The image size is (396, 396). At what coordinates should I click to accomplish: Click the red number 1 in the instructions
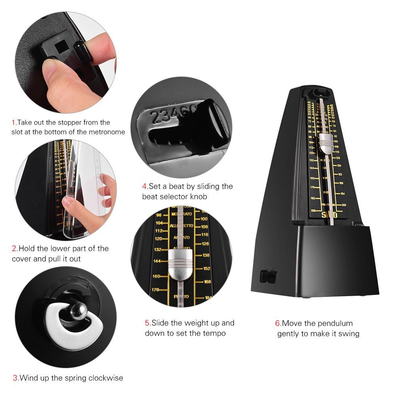13,123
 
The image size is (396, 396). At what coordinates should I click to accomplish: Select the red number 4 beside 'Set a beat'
145,186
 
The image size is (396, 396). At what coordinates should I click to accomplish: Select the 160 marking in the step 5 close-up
156,276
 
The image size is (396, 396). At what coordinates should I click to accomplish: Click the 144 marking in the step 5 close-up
157,261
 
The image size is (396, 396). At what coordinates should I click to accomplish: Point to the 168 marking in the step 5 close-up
207,282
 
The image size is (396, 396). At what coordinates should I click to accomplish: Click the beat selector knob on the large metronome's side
269,276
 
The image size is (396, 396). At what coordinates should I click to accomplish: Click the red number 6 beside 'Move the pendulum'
278,324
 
